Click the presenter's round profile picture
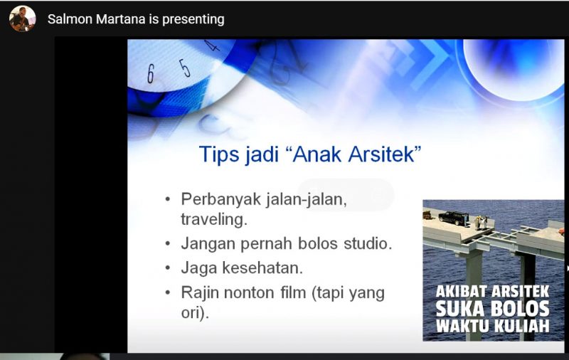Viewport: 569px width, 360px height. [23, 19]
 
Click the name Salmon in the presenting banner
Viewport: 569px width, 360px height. [70, 19]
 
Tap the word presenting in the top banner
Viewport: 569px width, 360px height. [193, 20]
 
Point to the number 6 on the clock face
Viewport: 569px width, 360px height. [151, 74]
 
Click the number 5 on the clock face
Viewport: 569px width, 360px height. [185, 68]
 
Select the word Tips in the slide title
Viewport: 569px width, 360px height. [219, 154]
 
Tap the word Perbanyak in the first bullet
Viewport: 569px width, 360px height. [221, 200]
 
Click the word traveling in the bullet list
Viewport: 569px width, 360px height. [214, 220]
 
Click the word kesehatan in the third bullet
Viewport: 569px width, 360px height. [262, 268]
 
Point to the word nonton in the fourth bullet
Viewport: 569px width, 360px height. [249, 292]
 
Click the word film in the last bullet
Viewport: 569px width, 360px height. [293, 292]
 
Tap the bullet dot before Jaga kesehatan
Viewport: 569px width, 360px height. [167, 268]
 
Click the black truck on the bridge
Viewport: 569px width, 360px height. [454, 218]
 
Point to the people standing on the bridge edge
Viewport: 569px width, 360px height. [482, 222]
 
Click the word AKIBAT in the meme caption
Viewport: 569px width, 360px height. [459, 292]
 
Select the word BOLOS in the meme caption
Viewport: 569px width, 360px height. [520, 309]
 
